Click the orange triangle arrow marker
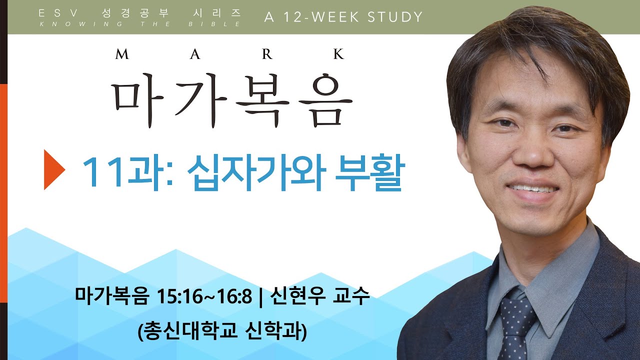[53, 169]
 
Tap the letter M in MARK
[122, 53]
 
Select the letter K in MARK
[339, 53]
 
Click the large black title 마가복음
[232, 100]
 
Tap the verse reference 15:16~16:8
[204, 296]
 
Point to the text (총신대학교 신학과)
[222, 331]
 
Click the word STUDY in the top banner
[395, 17]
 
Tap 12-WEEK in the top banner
[321, 17]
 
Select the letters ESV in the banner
[58, 13]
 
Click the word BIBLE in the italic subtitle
[214, 24]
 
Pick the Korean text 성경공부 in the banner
[135, 13]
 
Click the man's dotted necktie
[516, 328]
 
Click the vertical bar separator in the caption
[260, 296]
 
